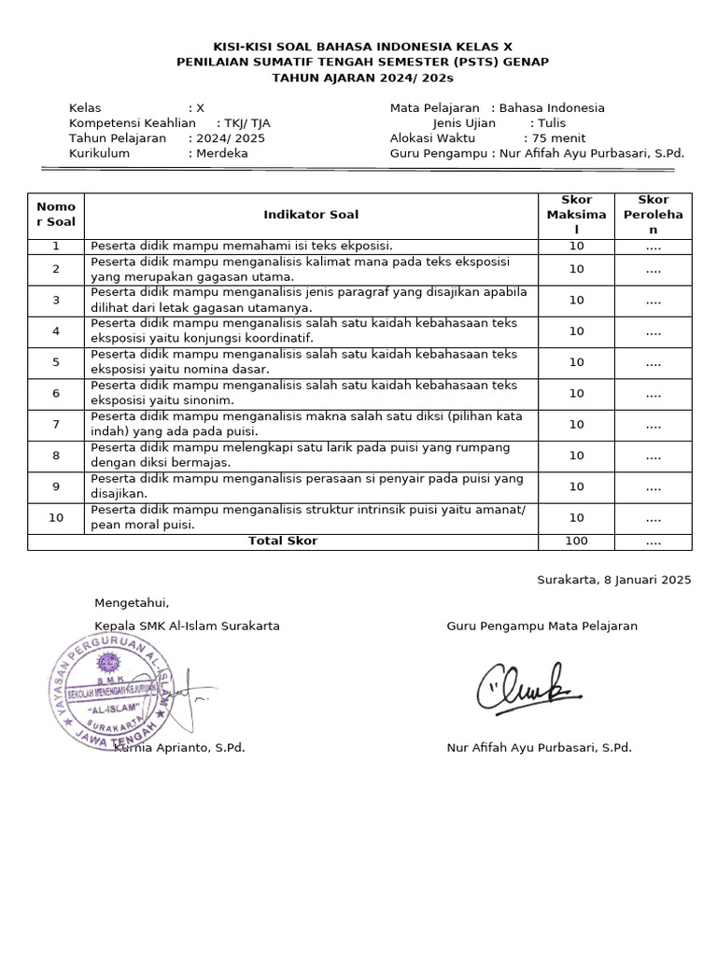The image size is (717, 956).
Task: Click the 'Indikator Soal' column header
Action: tap(310, 215)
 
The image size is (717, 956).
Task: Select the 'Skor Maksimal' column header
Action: tap(576, 215)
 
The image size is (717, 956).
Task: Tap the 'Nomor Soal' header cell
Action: tap(56, 215)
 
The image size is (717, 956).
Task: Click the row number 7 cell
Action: tap(56, 425)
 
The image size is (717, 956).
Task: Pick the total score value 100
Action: tap(576, 541)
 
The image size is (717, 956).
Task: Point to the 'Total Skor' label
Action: tap(282, 541)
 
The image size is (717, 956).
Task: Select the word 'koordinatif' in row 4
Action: tap(278, 339)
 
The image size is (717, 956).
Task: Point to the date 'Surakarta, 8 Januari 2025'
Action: tap(613, 580)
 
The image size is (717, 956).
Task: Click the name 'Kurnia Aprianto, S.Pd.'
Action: tap(179, 748)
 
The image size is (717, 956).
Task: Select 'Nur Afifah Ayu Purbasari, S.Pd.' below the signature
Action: tap(539, 748)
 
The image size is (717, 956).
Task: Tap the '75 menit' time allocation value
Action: tap(558, 138)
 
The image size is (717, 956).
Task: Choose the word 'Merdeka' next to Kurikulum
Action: tap(222, 153)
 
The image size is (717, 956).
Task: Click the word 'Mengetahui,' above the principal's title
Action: tap(132, 603)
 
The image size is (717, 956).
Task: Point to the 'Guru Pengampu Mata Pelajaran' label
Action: tap(541, 626)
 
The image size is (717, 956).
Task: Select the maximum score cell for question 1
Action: tap(576, 246)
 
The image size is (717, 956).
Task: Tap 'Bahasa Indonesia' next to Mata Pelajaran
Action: tap(552, 108)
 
